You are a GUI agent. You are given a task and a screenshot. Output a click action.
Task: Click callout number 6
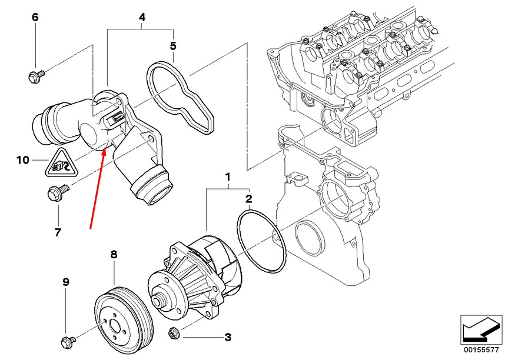(x=35, y=18)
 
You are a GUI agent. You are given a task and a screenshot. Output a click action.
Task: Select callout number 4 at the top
(x=141, y=18)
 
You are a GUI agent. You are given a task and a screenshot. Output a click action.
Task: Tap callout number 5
(x=172, y=45)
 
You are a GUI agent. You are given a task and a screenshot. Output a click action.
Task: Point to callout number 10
(x=22, y=159)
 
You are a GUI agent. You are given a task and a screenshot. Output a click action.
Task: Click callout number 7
(x=58, y=232)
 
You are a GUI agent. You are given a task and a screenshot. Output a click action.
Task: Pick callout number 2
(x=249, y=199)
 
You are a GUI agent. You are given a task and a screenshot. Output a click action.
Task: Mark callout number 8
(x=114, y=255)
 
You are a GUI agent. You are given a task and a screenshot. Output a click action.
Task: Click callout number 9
(x=66, y=282)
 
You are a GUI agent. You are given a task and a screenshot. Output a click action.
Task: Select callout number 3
(x=227, y=338)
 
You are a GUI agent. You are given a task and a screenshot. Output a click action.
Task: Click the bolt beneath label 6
(x=36, y=75)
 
